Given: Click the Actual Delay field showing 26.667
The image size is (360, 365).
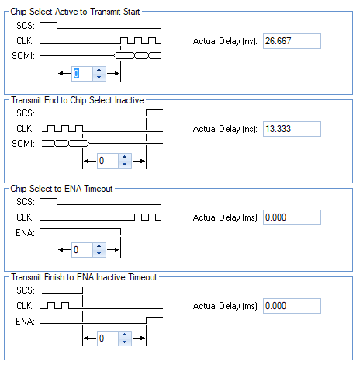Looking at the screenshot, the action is pos(292,41).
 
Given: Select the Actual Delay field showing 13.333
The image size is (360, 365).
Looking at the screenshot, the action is pos(292,129).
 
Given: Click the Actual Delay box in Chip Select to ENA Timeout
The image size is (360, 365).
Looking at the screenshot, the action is pos(292,217).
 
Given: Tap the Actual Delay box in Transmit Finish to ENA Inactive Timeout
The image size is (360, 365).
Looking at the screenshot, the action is pos(292,306).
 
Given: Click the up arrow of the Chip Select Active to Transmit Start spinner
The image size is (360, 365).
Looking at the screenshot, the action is pos(99,70).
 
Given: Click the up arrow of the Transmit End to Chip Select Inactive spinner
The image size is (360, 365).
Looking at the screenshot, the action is pos(125,157).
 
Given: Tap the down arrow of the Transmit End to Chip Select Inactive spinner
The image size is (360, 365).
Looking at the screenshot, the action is pos(125,164).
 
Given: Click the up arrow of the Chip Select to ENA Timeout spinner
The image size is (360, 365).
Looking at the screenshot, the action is pos(99,246).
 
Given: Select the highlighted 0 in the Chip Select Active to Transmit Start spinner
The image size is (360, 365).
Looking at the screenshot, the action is pos(76,74).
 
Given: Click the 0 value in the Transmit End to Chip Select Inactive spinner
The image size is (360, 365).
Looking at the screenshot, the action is pos(102,161).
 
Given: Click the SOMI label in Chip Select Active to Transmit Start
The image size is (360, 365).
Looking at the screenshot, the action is pos(23,56).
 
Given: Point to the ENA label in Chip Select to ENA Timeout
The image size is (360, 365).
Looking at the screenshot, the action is pos(25,233).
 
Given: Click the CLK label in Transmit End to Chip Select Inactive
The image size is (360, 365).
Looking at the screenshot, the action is pos(26,129).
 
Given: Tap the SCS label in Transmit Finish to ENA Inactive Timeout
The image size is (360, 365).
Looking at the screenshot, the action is pos(26,290).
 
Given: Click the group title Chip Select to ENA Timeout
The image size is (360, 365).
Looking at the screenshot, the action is pos(61,189).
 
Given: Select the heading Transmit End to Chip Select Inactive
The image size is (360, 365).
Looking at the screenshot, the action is pos(78,100).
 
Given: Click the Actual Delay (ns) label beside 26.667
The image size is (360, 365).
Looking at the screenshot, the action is pos(225,41).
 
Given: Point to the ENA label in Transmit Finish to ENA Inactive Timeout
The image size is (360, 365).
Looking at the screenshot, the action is pos(25,322).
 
